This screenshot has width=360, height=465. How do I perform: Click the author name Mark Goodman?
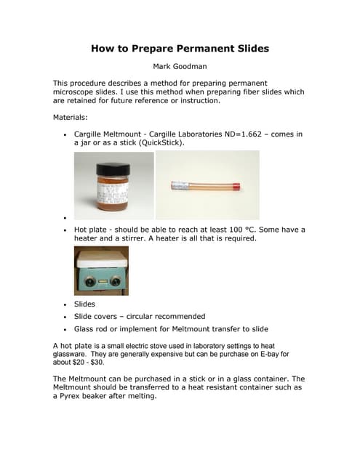coord(179,67)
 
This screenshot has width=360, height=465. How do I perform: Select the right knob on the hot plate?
coord(115,281)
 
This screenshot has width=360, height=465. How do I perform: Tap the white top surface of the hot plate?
coord(101,258)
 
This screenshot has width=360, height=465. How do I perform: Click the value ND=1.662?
coord(242,134)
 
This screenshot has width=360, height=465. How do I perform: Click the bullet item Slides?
coord(84,304)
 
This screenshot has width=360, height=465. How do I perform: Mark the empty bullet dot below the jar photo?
coord(65,217)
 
